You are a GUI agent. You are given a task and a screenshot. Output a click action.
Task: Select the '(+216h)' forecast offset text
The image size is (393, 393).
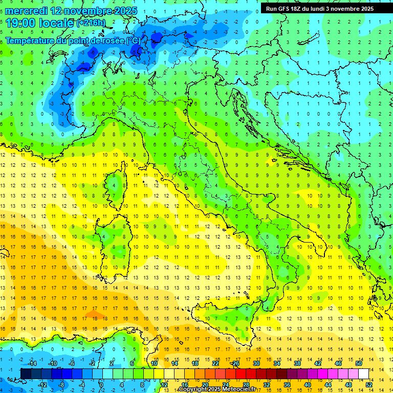[x=91, y=23]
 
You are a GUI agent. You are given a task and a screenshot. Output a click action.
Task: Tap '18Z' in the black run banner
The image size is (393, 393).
[x=297, y=9]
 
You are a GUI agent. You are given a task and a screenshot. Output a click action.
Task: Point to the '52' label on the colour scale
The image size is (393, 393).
[x=369, y=384]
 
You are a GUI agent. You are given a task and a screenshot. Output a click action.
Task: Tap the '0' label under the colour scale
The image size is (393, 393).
[x=101, y=384]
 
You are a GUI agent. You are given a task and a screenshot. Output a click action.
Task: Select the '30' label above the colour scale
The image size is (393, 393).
[x=256, y=363]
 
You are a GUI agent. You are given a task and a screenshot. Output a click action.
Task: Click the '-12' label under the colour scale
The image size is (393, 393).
[x=42, y=384]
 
